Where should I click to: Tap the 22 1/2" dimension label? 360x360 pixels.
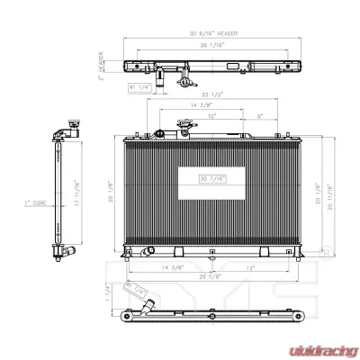coord(212,94)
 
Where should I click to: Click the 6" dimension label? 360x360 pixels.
coord(258,114)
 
